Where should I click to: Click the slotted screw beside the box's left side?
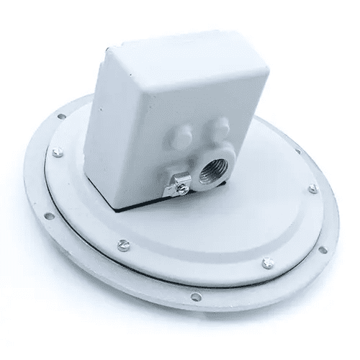[57, 151]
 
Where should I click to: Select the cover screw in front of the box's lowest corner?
[123, 244]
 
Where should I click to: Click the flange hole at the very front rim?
[196, 297]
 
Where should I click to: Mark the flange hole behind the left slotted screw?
[61, 116]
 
